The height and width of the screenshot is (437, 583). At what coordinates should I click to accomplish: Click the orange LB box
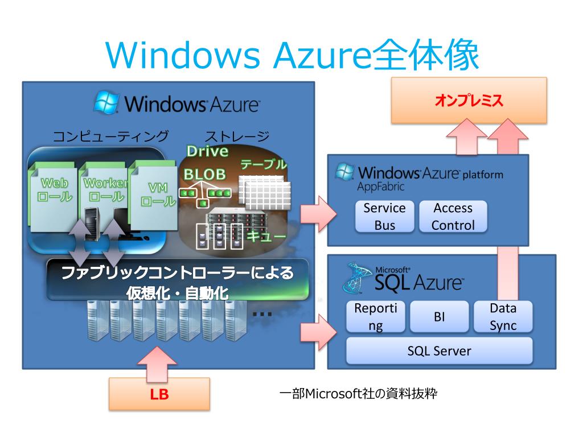pyautogui.click(x=159, y=394)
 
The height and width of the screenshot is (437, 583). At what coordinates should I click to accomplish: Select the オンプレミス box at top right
pyautogui.click(x=469, y=101)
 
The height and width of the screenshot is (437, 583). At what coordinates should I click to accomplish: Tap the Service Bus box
pyautogui.click(x=384, y=216)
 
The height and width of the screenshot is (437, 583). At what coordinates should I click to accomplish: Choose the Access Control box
pyautogui.click(x=453, y=216)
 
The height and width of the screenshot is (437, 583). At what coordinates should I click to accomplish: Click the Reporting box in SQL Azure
pyautogui.click(x=376, y=317)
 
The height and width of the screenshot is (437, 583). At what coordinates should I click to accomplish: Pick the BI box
pyautogui.click(x=439, y=317)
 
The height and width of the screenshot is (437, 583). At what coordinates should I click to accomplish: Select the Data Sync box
pyautogui.click(x=503, y=317)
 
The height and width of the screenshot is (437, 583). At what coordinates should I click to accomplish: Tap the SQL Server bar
pyautogui.click(x=439, y=351)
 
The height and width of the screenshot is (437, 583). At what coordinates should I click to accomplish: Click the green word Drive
pyautogui.click(x=207, y=151)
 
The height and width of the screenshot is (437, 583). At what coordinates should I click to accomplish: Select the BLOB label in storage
pyautogui.click(x=204, y=174)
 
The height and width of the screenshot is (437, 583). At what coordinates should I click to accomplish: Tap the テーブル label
pyautogui.click(x=263, y=165)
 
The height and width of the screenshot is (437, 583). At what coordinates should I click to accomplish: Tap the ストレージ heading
pyautogui.click(x=237, y=137)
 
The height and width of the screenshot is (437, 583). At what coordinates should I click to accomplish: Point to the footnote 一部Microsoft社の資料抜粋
pyautogui.click(x=359, y=394)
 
